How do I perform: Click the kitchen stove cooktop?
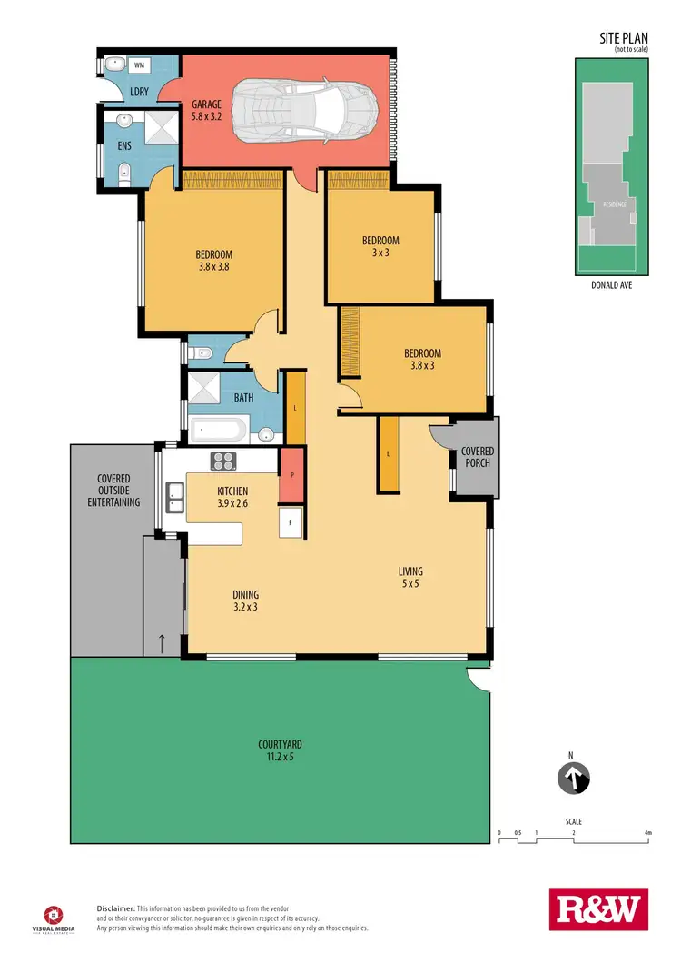[223, 462]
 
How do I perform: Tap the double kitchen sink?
[175, 496]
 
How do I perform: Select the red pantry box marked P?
[291, 475]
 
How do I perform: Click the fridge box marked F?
[291, 522]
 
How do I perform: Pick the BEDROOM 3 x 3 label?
[380, 246]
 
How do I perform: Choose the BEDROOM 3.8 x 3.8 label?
[213, 261]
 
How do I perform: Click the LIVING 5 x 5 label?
[410, 578]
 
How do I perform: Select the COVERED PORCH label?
[476, 457]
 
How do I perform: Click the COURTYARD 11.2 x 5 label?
[275, 750]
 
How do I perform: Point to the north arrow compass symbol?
[573, 778]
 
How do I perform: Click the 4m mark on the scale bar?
[647, 832]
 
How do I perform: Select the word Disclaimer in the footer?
[115, 908]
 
